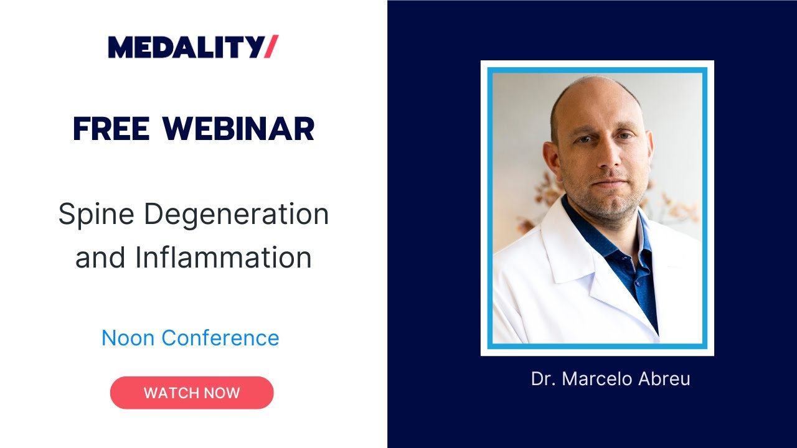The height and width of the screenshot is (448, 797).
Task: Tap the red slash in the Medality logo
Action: tap(271, 47)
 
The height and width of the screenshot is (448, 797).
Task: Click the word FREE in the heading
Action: tap(111, 129)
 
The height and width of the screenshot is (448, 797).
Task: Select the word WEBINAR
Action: tap(238, 129)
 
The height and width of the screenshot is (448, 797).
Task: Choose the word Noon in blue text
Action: tap(128, 338)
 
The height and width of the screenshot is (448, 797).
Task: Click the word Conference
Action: tap(220, 338)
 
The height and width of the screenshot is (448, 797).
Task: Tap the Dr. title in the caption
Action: tap(542, 379)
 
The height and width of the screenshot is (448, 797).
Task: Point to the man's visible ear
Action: tap(551, 159)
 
